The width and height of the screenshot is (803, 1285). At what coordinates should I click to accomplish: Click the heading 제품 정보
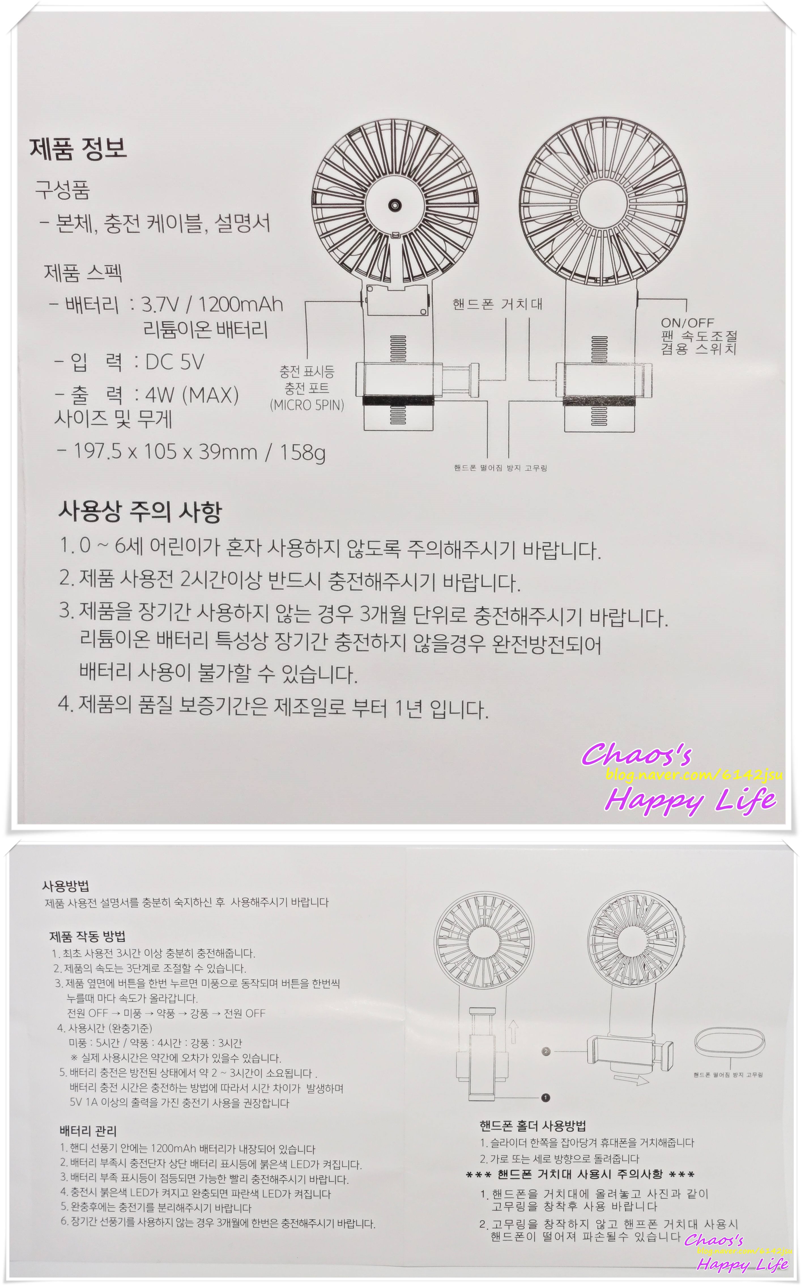tap(78, 149)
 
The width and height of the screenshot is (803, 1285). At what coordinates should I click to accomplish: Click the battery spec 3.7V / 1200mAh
tap(212, 304)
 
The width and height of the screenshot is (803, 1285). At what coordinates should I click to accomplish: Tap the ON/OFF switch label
tap(687, 323)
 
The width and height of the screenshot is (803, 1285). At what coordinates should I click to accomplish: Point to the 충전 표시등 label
tap(307, 372)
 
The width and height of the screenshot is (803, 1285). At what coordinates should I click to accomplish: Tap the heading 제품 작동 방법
tap(88, 936)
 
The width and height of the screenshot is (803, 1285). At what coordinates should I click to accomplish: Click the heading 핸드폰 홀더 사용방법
tap(533, 1125)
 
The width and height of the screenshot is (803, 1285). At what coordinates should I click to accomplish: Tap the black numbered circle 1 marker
tap(546, 1097)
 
